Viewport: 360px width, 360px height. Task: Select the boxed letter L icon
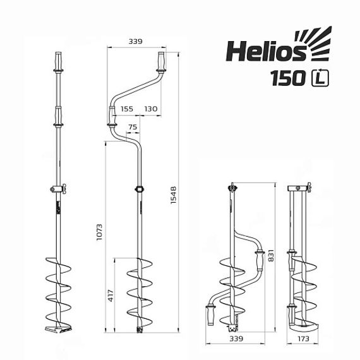(321, 79)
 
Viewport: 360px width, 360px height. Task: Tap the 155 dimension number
(126, 109)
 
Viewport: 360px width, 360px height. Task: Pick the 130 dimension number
(150, 109)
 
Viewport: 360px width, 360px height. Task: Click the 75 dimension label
(132, 127)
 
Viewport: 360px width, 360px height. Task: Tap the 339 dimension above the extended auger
(135, 42)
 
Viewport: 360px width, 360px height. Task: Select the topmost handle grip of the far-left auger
(58, 62)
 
